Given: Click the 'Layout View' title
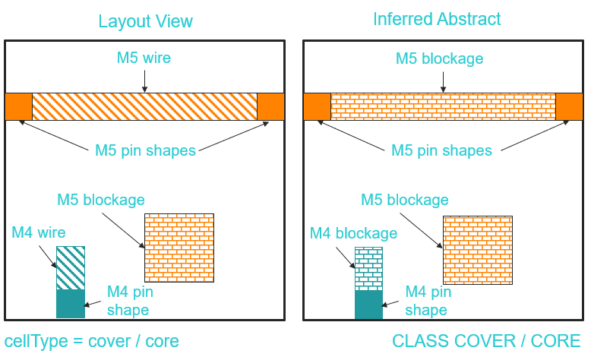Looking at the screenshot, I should [145, 21].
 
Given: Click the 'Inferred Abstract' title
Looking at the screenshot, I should [438, 19].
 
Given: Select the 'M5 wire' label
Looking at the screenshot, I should [144, 58].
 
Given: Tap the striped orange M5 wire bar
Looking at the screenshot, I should [144, 106].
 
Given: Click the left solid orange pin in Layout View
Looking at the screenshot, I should [18, 106].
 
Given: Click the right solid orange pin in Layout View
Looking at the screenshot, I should [271, 106].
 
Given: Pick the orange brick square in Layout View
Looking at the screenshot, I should [179, 248].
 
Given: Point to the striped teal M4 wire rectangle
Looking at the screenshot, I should [70, 268].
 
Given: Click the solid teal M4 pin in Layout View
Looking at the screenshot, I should [70, 304].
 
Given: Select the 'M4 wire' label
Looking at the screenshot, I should [39, 232].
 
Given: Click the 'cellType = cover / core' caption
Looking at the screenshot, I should [92, 341].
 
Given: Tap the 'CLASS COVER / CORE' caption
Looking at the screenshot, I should [486, 341].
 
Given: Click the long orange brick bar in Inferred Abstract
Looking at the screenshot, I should [443, 106].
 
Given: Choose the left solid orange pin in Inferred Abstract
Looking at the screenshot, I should [317, 106].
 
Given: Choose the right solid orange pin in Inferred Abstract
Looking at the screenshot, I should [569, 106].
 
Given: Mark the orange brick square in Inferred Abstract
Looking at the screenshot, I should [478, 250].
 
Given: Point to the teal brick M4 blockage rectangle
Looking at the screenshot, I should [368, 270].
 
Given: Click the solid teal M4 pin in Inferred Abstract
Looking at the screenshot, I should [368, 305].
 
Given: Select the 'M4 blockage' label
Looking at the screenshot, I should [353, 233].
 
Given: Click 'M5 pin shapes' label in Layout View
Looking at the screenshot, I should [145, 150].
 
